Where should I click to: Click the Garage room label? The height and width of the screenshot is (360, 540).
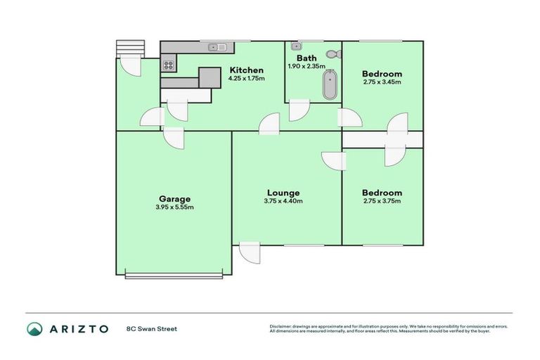coord(174,199)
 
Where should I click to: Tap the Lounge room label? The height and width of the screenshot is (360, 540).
coord(283,193)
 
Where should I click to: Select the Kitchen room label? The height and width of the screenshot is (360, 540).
coord(246,70)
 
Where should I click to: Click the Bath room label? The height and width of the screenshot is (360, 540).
coord(307,58)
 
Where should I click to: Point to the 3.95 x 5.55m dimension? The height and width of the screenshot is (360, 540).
coord(174,207)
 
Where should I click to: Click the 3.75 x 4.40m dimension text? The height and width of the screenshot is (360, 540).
coord(283,201)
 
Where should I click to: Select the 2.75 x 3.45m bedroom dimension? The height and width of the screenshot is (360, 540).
coord(382,82)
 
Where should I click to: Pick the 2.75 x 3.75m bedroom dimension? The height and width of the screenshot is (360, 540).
coord(382,201)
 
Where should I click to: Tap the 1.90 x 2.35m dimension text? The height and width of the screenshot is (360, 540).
coord(307,67)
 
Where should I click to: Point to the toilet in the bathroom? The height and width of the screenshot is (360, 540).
coord(333,54)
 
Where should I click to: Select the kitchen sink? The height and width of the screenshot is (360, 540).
coord(217,48)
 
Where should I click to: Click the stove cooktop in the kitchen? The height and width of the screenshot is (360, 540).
coord(169,65)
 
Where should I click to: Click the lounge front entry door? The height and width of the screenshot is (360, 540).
coord(249,252)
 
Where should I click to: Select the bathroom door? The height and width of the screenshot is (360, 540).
coord(299,110)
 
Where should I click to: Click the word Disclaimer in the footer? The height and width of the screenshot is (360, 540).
coord(281,326)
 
